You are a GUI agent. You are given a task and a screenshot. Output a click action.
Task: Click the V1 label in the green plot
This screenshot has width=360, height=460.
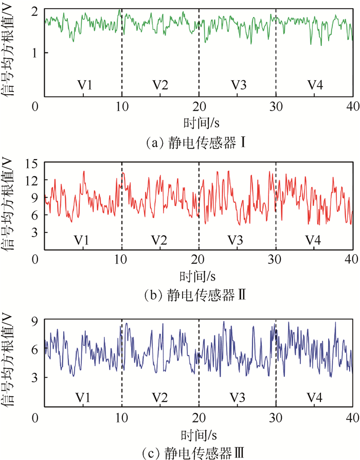[83, 85]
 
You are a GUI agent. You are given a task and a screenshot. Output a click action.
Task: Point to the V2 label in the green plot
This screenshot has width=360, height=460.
[160, 85]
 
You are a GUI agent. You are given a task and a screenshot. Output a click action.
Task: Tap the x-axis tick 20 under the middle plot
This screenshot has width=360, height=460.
[198, 260]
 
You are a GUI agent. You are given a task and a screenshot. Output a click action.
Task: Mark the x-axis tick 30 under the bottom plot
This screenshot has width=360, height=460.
[275, 417]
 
